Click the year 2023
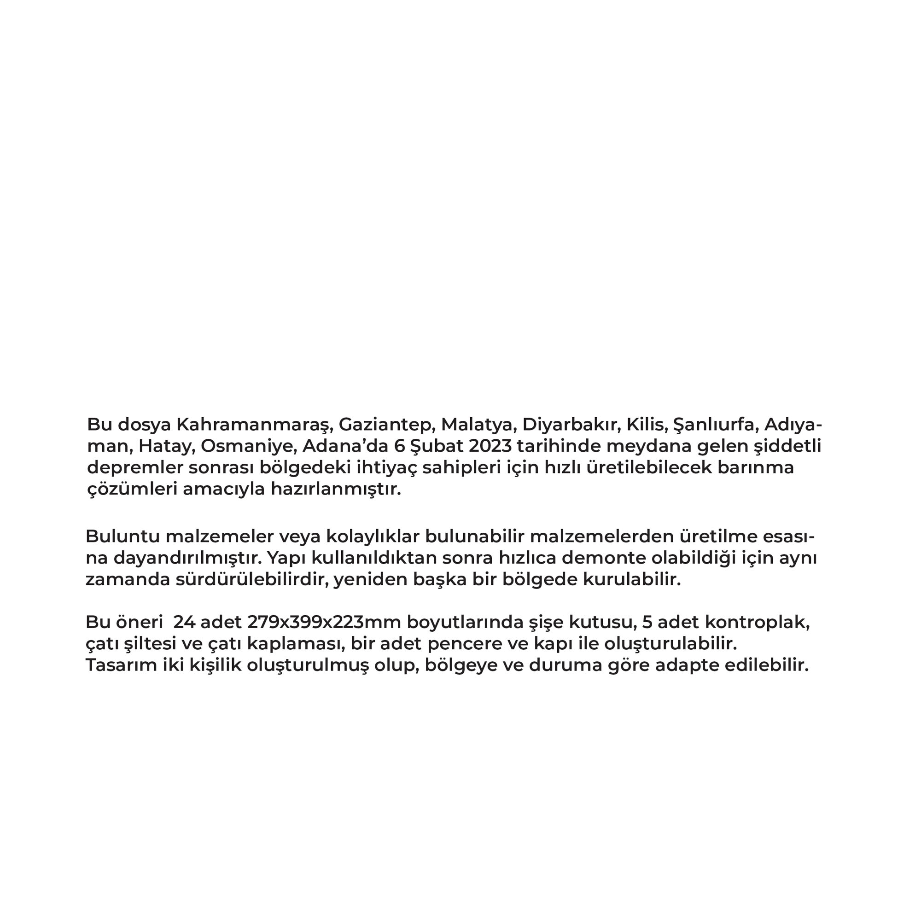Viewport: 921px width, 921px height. pyautogui.click(x=490, y=446)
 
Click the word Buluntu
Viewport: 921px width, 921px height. pyautogui.click(x=122, y=536)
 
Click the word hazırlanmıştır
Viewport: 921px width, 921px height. pyautogui.click(x=336, y=489)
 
